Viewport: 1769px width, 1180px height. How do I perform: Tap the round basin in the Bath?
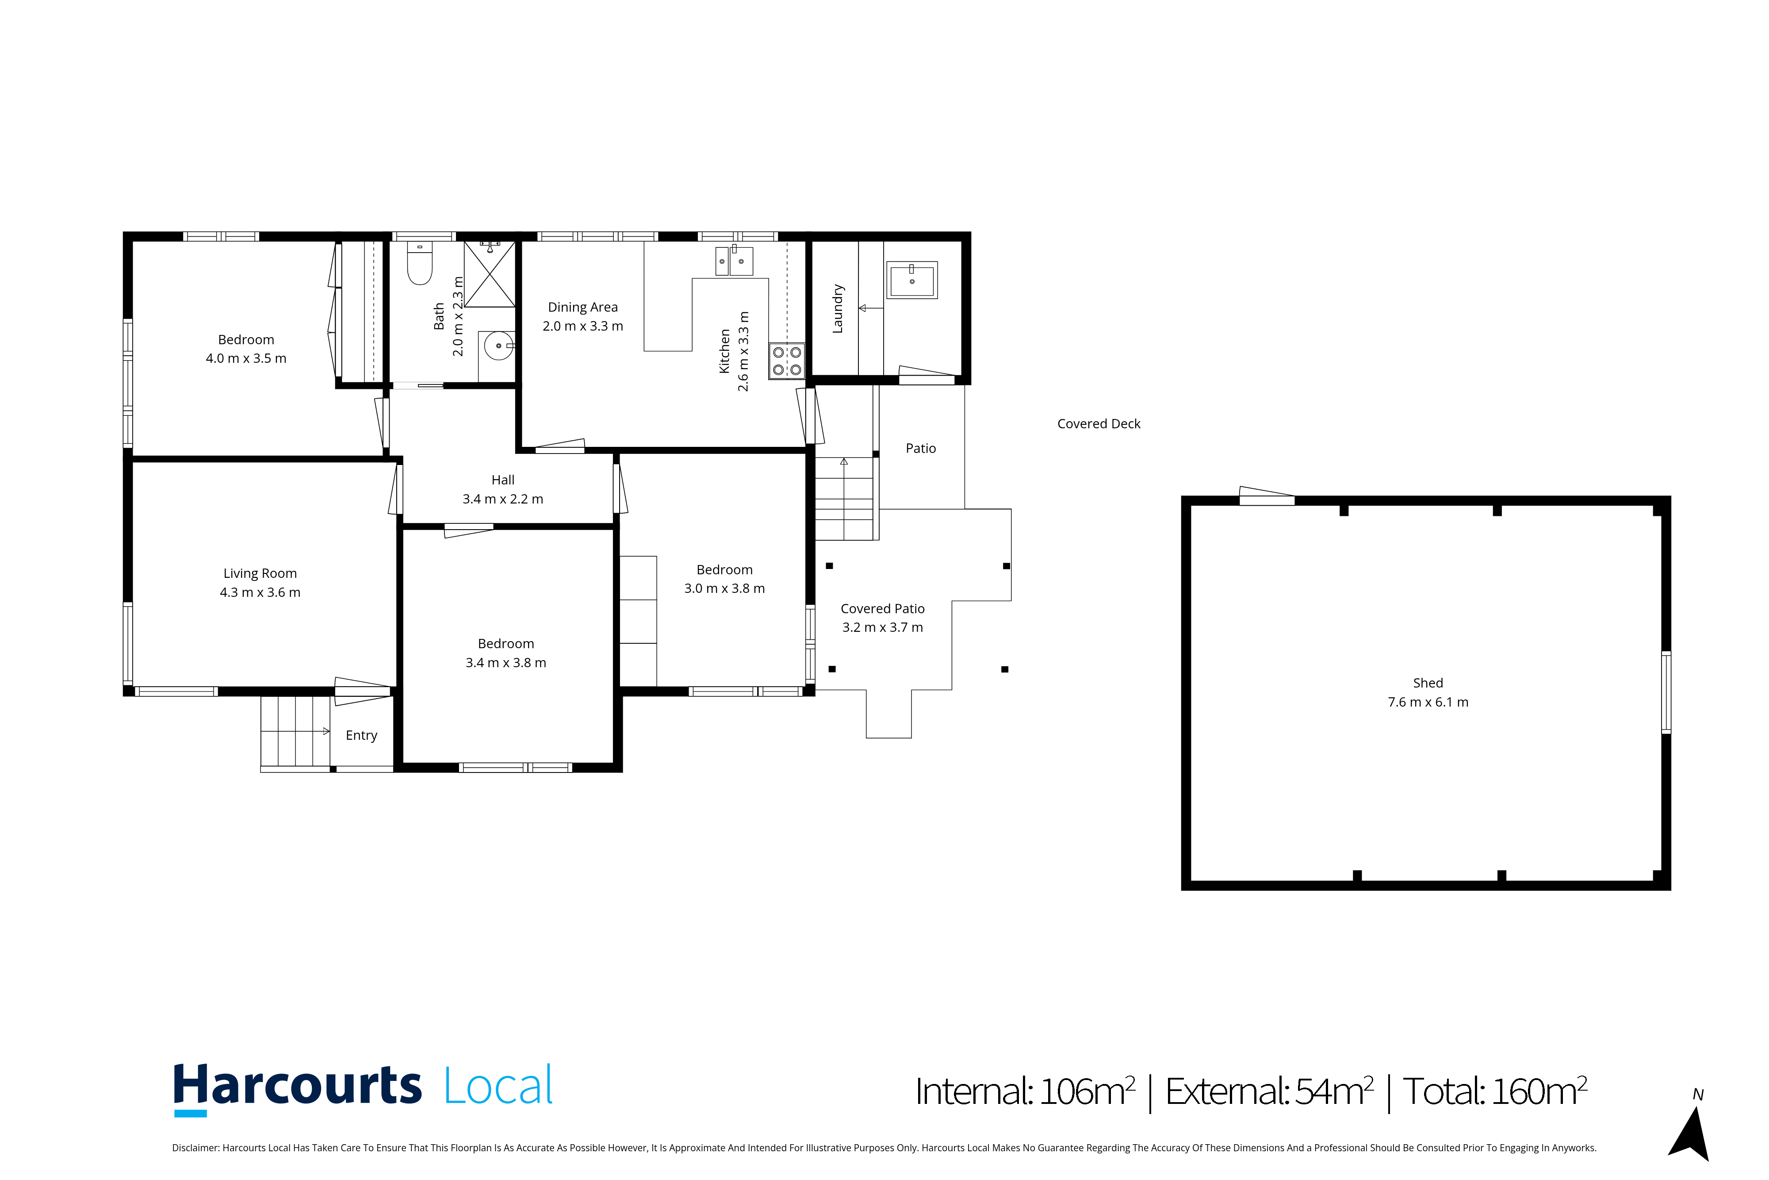[x=498, y=346]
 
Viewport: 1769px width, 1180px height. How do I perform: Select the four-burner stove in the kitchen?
[x=787, y=361]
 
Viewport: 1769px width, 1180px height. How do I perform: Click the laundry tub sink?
[x=911, y=281]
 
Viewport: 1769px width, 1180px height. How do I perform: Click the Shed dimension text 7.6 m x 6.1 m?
[x=1428, y=702]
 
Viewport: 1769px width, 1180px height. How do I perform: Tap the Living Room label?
[x=260, y=573]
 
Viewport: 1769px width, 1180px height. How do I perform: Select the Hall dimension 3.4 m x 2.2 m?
[x=502, y=499]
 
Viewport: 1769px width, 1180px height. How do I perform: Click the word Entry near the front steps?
[x=361, y=736]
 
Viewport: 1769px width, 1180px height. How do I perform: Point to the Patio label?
[x=921, y=449]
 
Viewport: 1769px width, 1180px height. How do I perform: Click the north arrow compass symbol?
[x=1692, y=1133]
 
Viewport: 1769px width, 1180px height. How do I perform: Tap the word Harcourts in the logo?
[x=297, y=1086]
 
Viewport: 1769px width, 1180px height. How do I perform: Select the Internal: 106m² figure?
[x=1024, y=1091]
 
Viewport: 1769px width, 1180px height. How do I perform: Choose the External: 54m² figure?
[x=1269, y=1091]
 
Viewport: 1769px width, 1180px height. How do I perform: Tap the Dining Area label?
[x=583, y=307]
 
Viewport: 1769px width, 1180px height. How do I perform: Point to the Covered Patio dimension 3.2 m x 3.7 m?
[x=882, y=628]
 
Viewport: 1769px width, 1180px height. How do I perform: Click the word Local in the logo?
[x=498, y=1086]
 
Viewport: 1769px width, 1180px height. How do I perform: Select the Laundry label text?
[x=838, y=308]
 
